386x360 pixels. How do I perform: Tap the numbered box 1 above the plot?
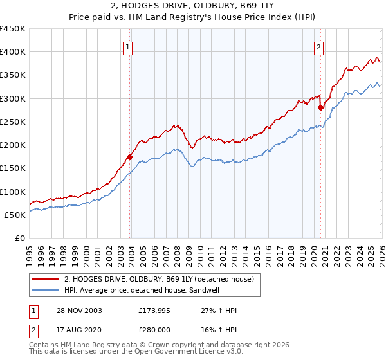click(x=127, y=47)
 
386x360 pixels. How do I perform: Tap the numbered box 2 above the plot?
click(x=318, y=47)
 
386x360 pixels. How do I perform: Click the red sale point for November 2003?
click(x=130, y=157)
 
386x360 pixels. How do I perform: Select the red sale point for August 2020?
click(x=320, y=107)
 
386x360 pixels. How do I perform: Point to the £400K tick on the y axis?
click(x=13, y=52)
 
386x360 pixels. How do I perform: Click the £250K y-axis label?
click(x=13, y=122)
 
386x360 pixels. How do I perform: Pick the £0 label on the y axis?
click(x=19, y=238)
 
